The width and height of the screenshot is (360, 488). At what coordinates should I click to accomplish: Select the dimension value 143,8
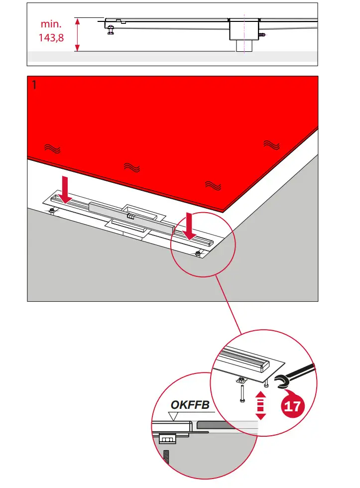click(51, 37)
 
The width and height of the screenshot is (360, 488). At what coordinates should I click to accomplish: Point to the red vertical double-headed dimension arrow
click(77, 34)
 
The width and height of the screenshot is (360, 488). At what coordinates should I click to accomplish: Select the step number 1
click(34, 85)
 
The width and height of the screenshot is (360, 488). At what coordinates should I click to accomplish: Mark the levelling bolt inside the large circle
click(198, 255)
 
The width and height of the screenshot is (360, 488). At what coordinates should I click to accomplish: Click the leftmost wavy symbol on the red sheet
click(51, 148)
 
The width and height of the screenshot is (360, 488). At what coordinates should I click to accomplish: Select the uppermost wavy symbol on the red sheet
click(271, 144)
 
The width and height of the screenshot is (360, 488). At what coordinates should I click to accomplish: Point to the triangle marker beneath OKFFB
click(174, 417)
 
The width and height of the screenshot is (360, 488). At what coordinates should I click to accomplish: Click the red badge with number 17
click(292, 406)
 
